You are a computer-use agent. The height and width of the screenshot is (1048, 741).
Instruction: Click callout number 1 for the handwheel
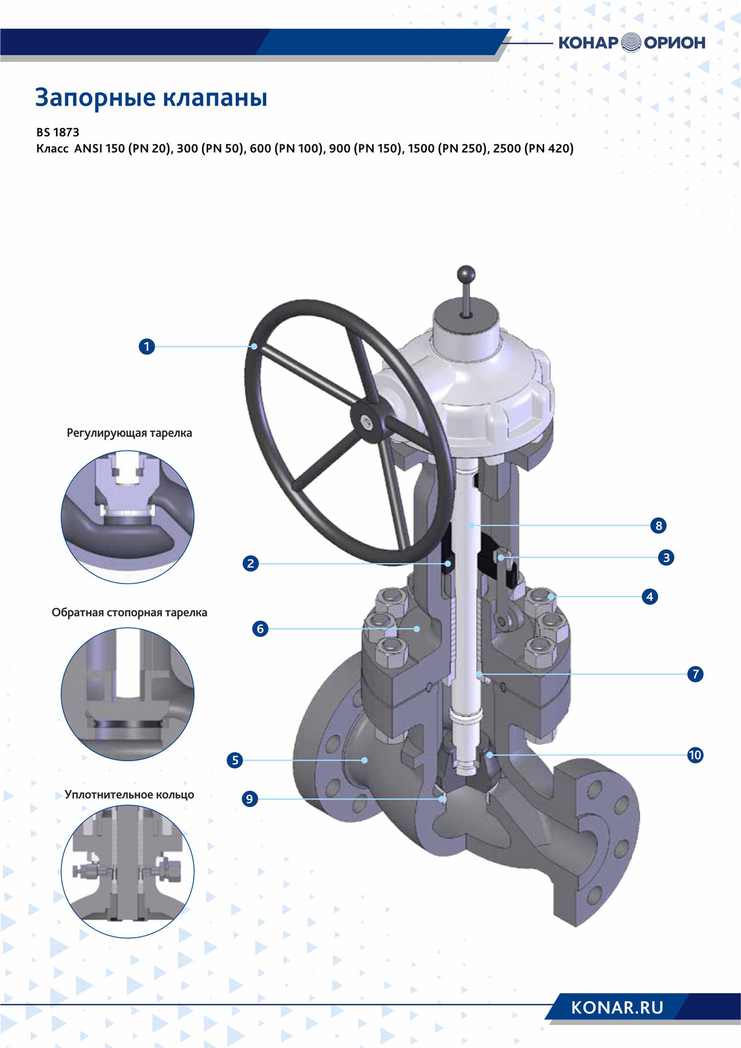coord(147,346)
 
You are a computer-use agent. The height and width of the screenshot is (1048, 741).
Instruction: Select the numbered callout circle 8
coord(659,526)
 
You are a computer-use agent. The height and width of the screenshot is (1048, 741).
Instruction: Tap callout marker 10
coord(695,755)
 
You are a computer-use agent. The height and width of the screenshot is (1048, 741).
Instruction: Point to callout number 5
coord(235,760)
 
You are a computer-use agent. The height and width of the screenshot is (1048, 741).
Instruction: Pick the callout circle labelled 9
coord(250,799)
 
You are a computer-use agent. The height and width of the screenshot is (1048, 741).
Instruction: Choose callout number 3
coord(666,557)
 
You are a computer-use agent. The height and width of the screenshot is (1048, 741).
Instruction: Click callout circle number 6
coord(261,628)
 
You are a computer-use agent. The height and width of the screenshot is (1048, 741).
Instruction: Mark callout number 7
coord(695,674)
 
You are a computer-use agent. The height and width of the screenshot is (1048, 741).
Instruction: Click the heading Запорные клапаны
coord(151,98)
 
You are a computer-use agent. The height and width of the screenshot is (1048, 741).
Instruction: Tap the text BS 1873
coord(57,132)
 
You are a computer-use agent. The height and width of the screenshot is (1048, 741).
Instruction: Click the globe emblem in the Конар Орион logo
coord(632,43)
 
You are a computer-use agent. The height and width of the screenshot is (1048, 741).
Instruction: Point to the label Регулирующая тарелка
coord(129,434)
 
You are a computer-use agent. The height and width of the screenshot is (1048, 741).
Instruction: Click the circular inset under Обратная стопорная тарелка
coord(128,694)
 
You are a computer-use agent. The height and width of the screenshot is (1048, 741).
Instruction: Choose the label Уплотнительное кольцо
coord(129,794)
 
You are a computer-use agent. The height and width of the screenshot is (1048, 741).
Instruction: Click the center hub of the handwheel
coord(366,424)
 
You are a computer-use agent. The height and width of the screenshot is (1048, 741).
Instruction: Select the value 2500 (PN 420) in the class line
coord(533,149)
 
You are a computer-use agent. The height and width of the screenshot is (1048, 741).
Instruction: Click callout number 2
coord(251,563)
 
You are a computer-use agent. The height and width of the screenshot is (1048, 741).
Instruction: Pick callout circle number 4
coord(650,597)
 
